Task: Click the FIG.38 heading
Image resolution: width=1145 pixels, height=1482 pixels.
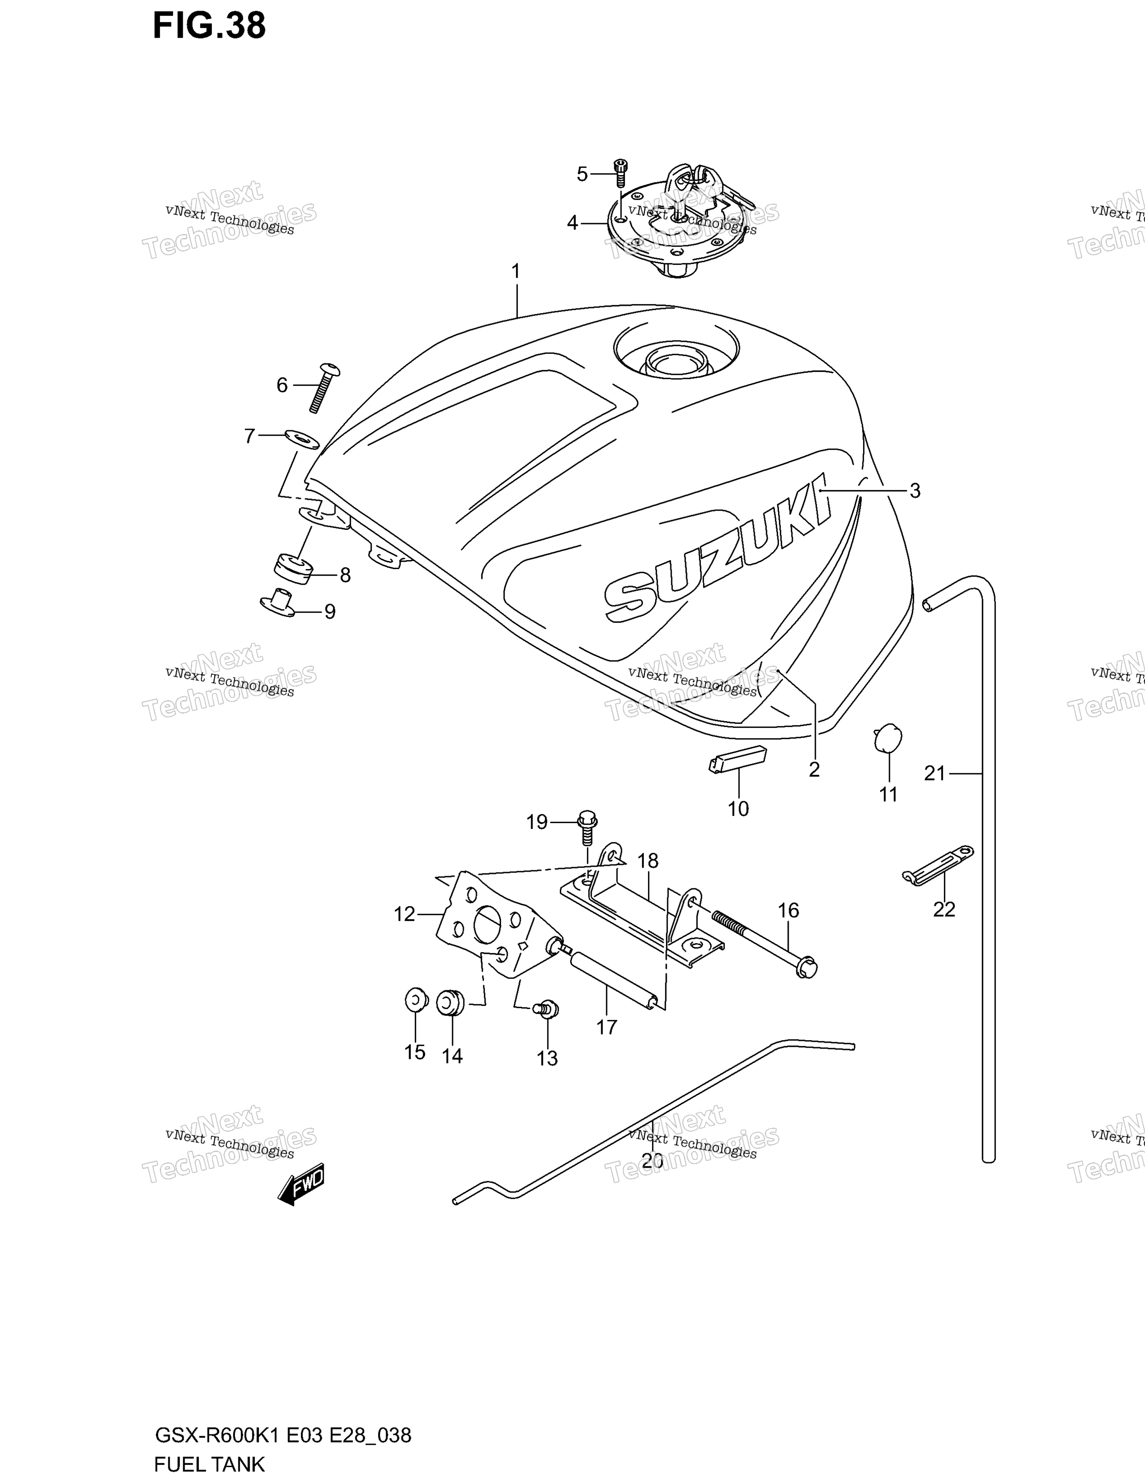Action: (x=209, y=26)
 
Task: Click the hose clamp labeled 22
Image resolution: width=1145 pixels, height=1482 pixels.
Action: (x=938, y=865)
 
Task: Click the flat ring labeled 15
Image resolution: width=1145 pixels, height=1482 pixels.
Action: (x=415, y=1000)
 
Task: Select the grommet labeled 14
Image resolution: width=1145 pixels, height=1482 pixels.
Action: (x=449, y=1002)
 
